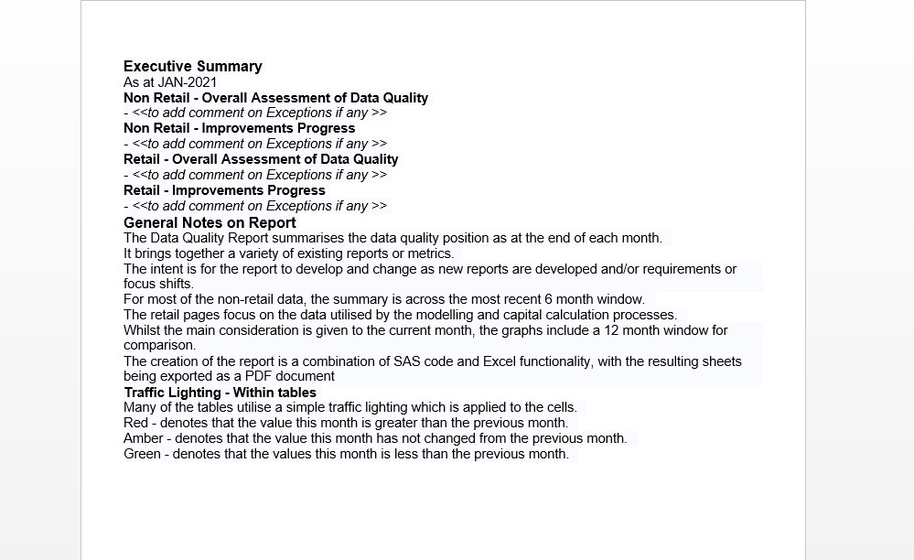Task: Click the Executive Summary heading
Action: click(192, 66)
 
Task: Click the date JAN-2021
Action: click(188, 82)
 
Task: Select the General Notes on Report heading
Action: click(210, 222)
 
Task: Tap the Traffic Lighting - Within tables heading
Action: click(220, 393)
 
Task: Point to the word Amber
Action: click(144, 438)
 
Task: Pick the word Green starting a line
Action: click(143, 454)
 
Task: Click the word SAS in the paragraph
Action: click(407, 361)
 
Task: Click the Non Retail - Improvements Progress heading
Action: click(239, 128)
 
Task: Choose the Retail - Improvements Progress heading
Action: click(224, 190)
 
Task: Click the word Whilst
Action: click(141, 330)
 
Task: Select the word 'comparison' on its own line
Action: click(159, 346)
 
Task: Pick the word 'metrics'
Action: click(430, 253)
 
